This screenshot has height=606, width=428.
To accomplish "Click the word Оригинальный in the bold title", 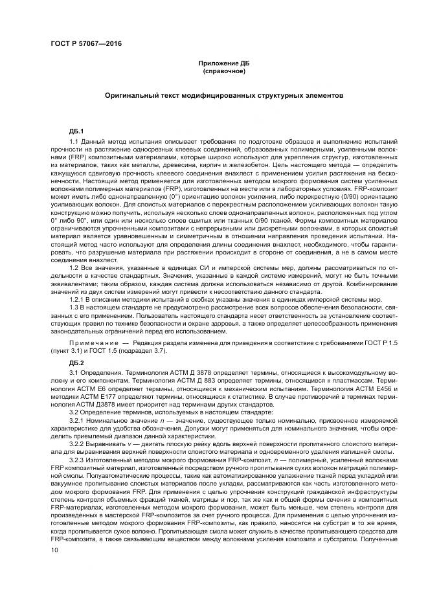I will (133, 95).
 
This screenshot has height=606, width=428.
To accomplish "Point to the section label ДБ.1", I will (76, 131).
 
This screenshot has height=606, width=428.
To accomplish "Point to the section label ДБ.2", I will (76, 362).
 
